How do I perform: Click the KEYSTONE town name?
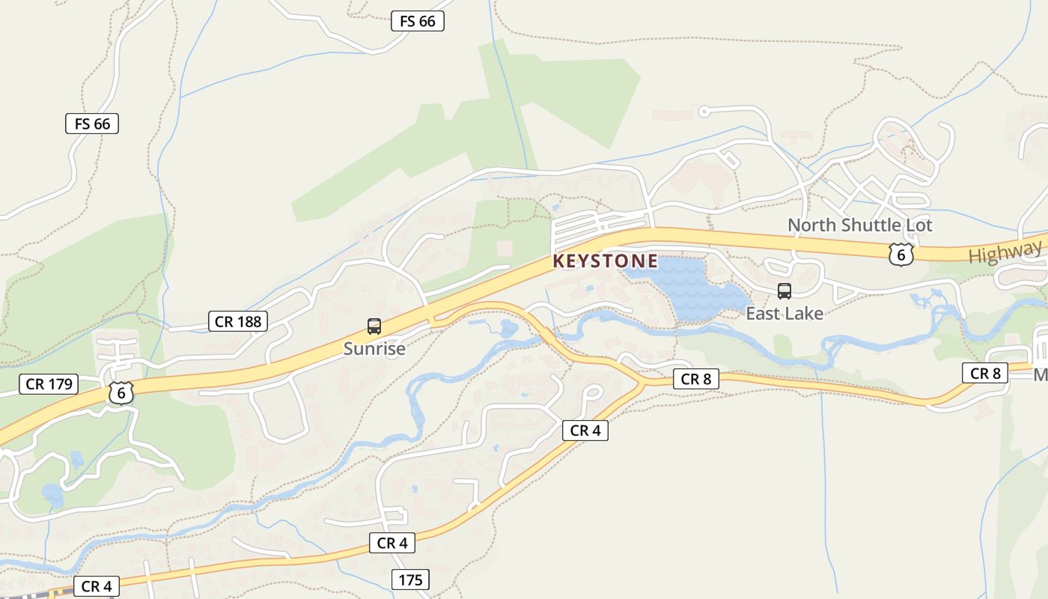(605, 261)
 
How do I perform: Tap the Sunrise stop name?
(374, 348)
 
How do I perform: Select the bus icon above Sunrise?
(374, 326)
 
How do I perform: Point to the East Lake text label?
(785, 314)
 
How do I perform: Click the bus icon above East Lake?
(785, 291)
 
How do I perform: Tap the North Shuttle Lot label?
(860, 225)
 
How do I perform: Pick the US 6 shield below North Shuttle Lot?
(901, 255)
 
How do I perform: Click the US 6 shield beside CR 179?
(121, 392)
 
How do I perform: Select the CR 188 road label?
(238, 322)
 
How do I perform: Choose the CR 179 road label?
(49, 384)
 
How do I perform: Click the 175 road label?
(410, 580)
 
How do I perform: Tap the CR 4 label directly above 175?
(392, 543)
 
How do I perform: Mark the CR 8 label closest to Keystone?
(695, 379)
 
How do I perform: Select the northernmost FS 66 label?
(418, 21)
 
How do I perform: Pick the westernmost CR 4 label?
(97, 586)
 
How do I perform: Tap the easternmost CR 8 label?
(985, 373)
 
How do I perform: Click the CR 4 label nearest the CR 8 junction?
(585, 431)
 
